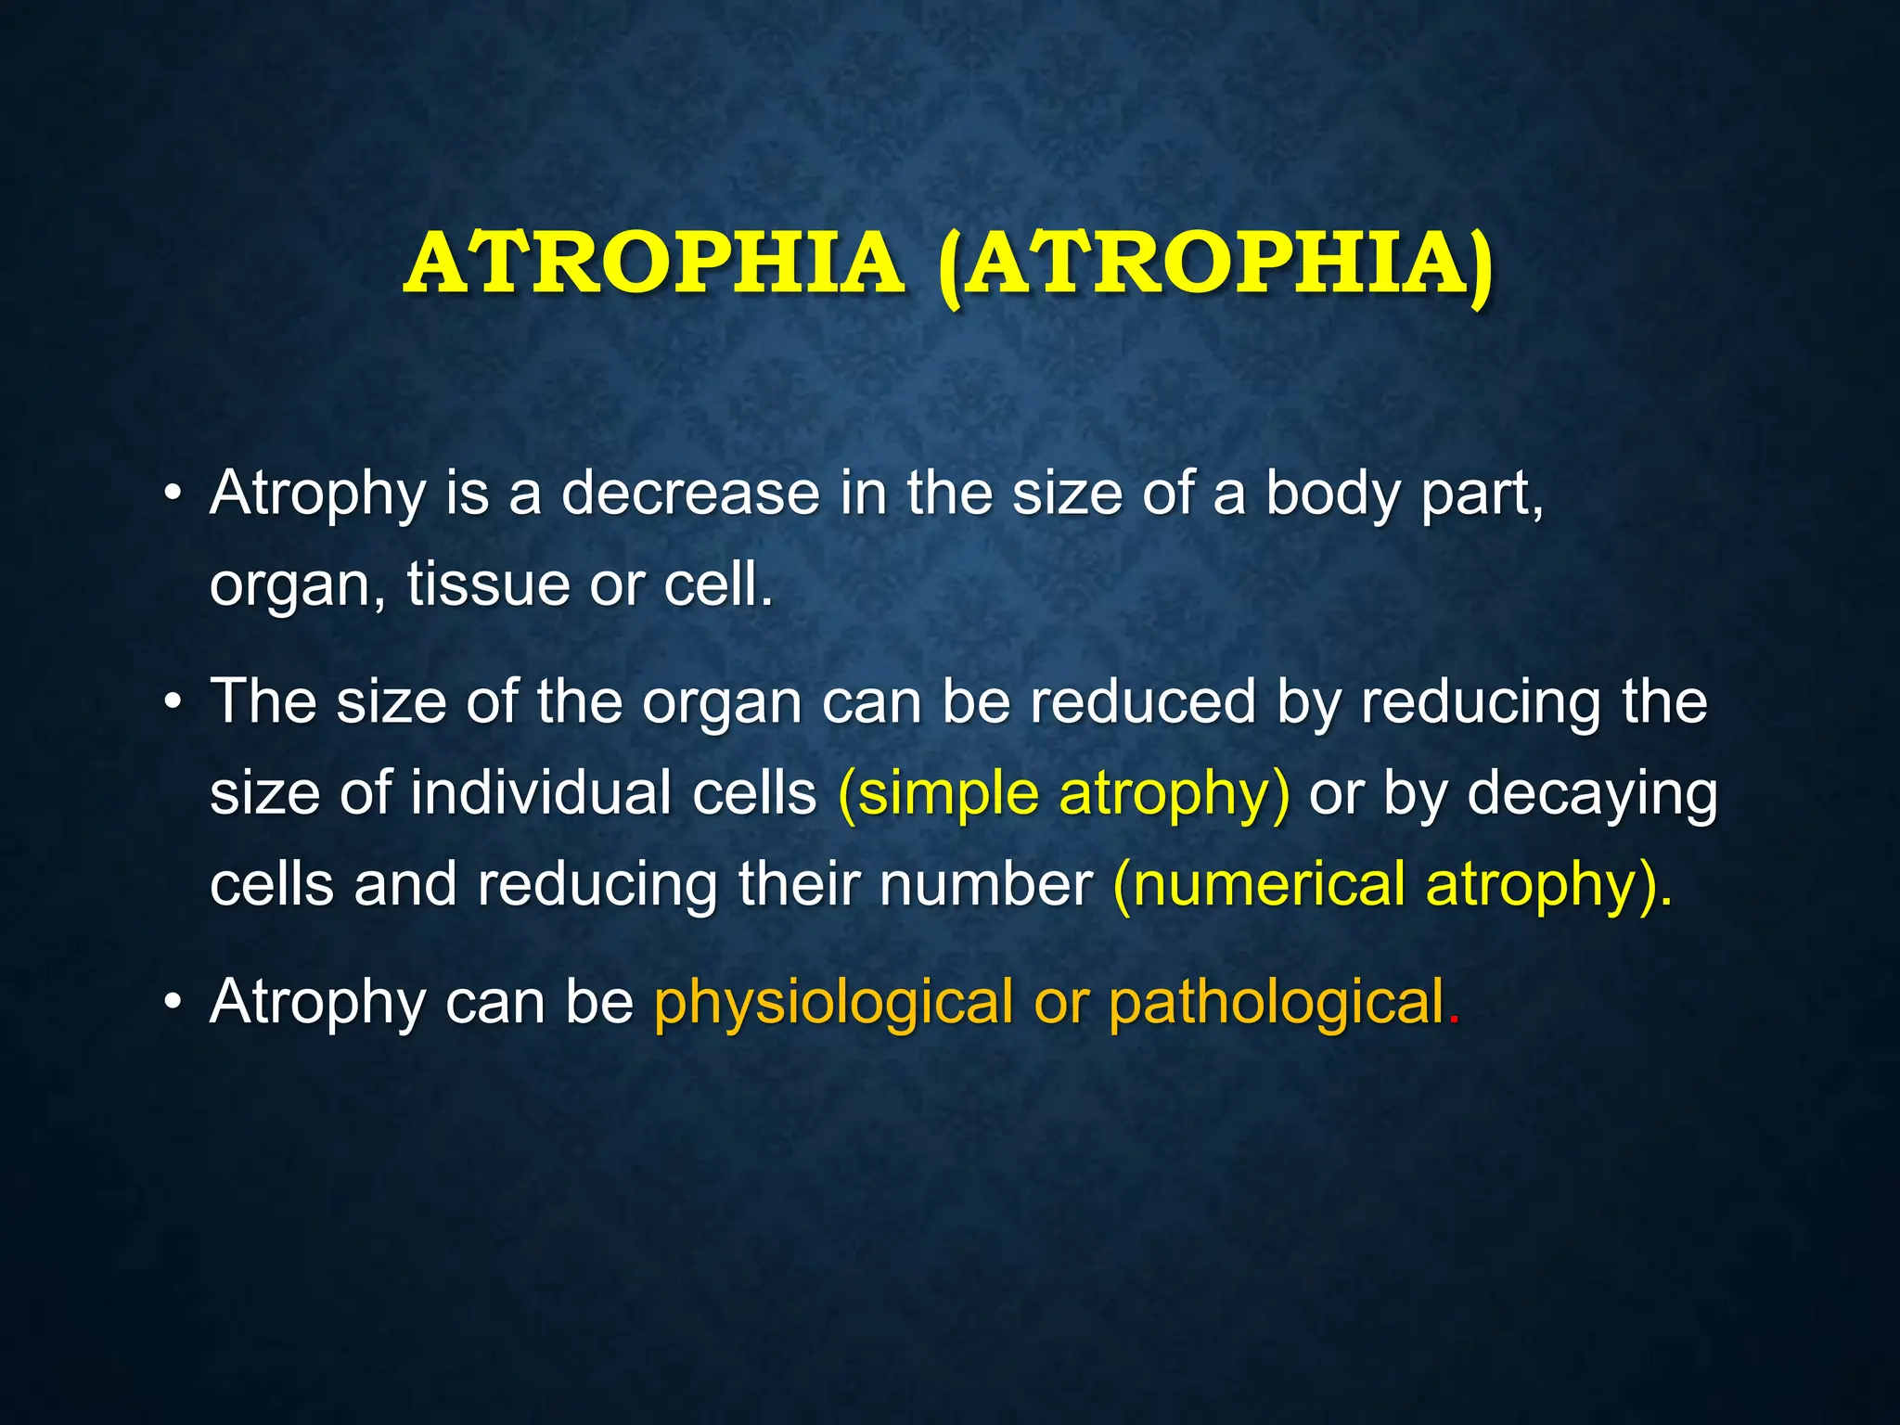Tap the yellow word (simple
tap(938, 795)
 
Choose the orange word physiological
tap(833, 1004)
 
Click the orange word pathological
tap(1277, 1004)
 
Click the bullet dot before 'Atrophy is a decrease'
tap(172, 494)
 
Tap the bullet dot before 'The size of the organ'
tap(172, 702)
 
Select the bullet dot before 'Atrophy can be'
tap(172, 1003)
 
